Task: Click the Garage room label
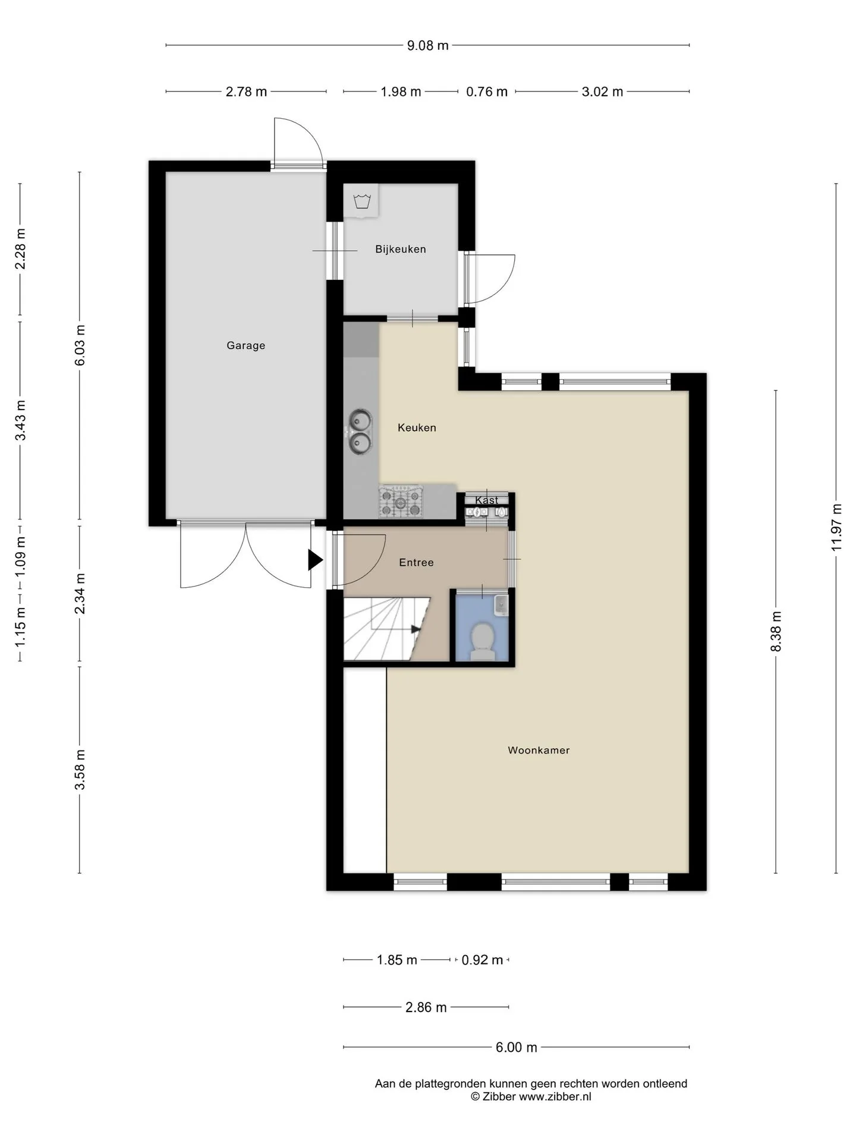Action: pyautogui.click(x=246, y=345)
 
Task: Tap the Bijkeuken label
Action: pyautogui.click(x=400, y=249)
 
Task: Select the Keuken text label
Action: pyautogui.click(x=417, y=427)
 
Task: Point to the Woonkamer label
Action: pyautogui.click(x=539, y=750)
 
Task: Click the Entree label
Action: pyautogui.click(x=416, y=562)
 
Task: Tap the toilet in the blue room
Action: pyautogui.click(x=482, y=640)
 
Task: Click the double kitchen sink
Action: pyautogui.click(x=360, y=432)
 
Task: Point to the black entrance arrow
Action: pyautogui.click(x=315, y=560)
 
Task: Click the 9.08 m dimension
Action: pyautogui.click(x=427, y=45)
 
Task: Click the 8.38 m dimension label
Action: pyautogui.click(x=776, y=631)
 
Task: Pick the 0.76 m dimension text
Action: pyautogui.click(x=487, y=92)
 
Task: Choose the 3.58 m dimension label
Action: pyautogui.click(x=80, y=770)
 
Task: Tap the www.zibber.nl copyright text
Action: pyautogui.click(x=531, y=1097)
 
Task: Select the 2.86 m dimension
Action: pyautogui.click(x=426, y=1007)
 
